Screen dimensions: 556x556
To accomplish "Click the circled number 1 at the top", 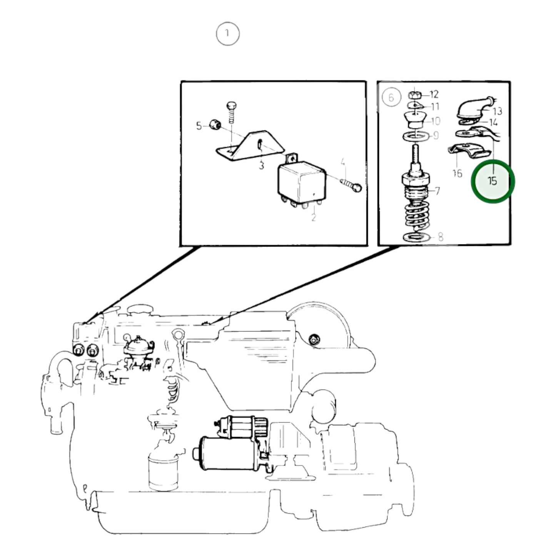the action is pos(228,34).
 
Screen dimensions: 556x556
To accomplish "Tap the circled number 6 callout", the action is pos(391,97).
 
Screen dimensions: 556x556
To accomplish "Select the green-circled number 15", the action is pos(493,181).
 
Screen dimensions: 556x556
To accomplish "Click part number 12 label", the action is pos(434,94).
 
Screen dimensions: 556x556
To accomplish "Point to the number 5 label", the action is pos(199,126).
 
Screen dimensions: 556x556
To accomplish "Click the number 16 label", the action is pos(457,173).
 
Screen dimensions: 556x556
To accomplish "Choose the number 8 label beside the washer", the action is pos(441,237).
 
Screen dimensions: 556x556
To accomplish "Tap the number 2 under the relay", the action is pos(314,217).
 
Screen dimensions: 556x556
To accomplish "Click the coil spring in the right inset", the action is pos(417,214).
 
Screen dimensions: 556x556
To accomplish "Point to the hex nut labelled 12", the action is pos(415,95).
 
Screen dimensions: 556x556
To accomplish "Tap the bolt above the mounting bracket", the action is pos(231,112).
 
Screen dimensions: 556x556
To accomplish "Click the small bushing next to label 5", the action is pos(215,124).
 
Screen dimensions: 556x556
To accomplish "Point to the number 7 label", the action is pos(437,191).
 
